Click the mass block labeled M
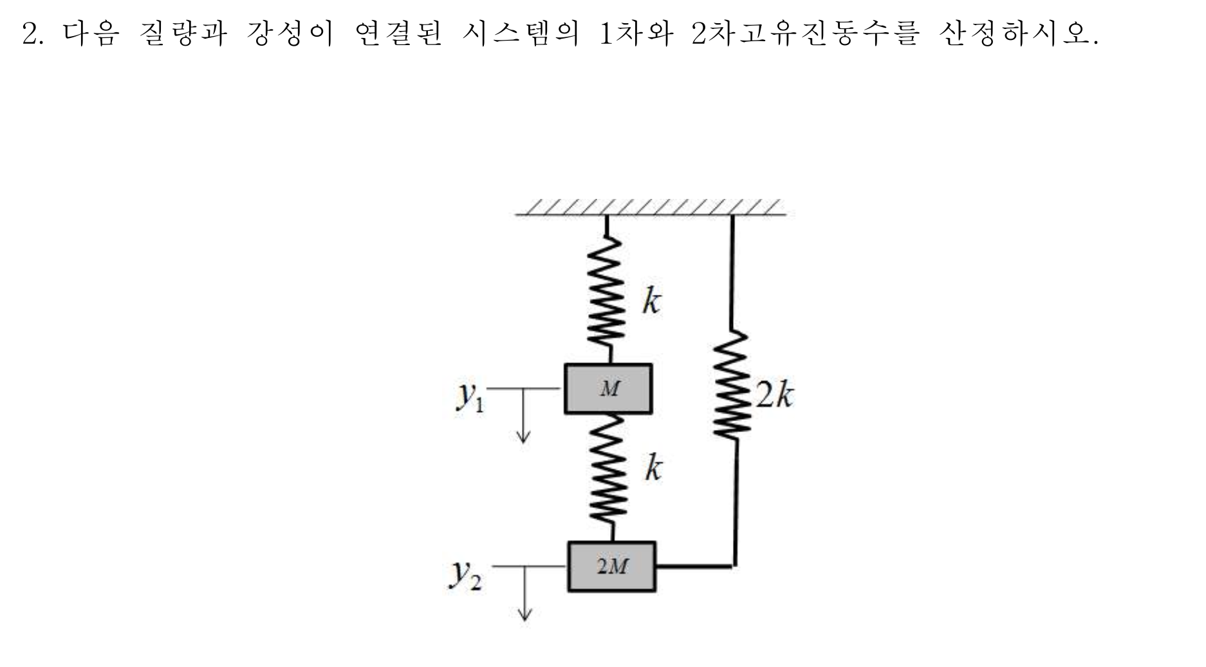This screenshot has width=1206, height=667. pos(608,389)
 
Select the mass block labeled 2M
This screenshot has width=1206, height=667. pos(611,567)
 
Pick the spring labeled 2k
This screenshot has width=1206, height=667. pos(732,386)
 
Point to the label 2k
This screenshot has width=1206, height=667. pos(774,395)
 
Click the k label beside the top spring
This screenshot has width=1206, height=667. pos(651,301)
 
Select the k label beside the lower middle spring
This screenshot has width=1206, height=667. pos(653,467)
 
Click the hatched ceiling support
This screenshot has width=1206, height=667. pos(650,207)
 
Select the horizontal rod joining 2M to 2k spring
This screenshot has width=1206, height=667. pos(694,567)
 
